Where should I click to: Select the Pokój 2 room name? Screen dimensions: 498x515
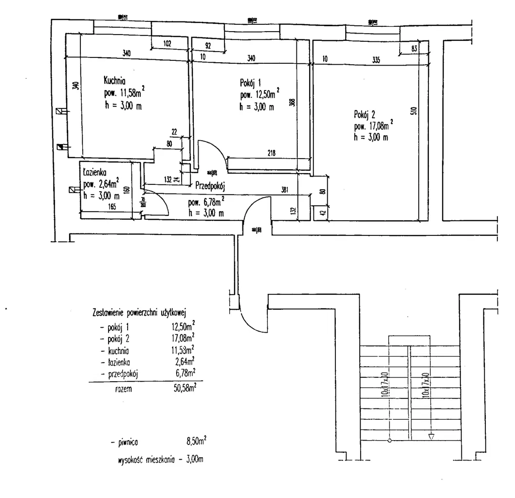(365, 115)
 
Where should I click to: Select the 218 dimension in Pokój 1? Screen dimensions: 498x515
(271, 153)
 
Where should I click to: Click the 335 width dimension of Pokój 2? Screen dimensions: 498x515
(375, 60)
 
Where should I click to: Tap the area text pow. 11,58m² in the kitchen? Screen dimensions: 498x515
(124, 93)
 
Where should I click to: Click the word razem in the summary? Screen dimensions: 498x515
(123, 389)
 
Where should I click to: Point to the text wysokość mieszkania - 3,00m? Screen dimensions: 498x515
(160, 459)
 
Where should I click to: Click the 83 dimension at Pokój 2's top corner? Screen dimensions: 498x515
(414, 48)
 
